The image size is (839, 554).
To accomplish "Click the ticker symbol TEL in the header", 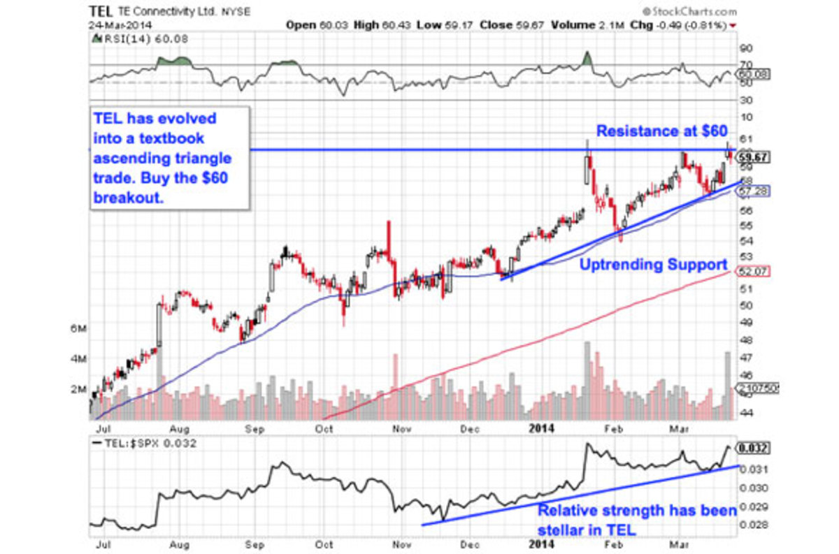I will tap(98, 11).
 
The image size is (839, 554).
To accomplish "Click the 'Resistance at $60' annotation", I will tap(661, 131).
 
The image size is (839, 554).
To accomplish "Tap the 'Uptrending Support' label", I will tap(652, 265).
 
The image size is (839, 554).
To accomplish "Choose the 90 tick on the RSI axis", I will tap(745, 48).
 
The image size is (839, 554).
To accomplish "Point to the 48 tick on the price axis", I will tap(745, 340).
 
